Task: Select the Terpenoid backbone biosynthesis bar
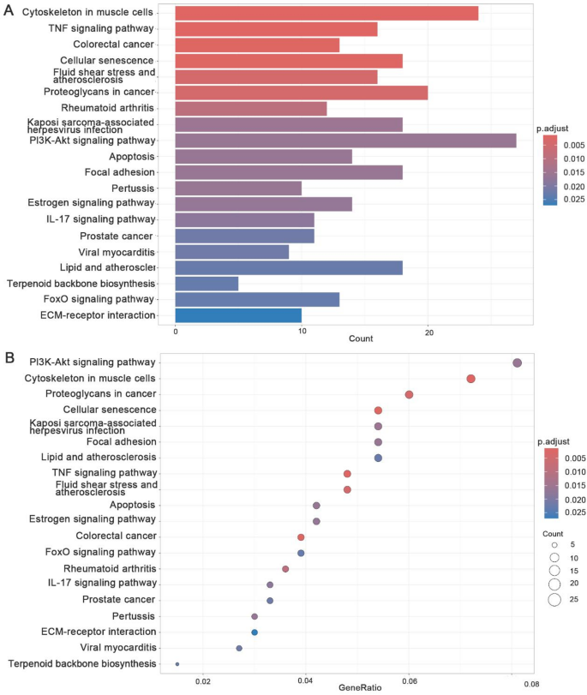point(207,284)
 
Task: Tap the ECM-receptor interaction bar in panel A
point(238,315)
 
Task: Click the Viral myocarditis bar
point(232,252)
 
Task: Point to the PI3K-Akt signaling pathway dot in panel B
point(517,362)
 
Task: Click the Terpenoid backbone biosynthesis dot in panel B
point(177,663)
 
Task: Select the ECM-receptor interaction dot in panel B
point(255,632)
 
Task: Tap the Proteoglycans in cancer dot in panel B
point(409,394)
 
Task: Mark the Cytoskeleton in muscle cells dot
point(470,379)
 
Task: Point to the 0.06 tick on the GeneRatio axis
point(409,682)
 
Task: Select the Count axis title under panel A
point(361,339)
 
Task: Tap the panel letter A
point(9,10)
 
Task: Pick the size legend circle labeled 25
point(554,599)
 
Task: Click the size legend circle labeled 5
point(554,544)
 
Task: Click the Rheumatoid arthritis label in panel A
point(107,108)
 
